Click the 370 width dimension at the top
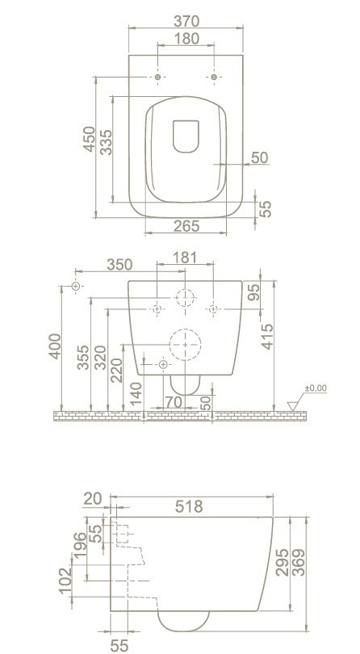click(186, 21)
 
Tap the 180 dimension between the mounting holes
click(186, 39)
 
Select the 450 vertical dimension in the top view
click(90, 140)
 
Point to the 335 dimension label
click(106, 142)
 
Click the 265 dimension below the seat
click(186, 226)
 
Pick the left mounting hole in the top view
click(157, 78)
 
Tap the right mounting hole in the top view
click(214, 78)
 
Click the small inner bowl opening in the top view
click(186, 136)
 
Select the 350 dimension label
click(119, 265)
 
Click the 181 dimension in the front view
click(185, 258)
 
